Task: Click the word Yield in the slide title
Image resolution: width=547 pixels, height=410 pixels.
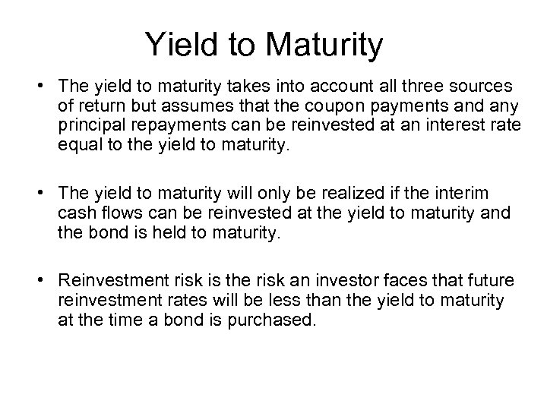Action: click(x=175, y=45)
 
